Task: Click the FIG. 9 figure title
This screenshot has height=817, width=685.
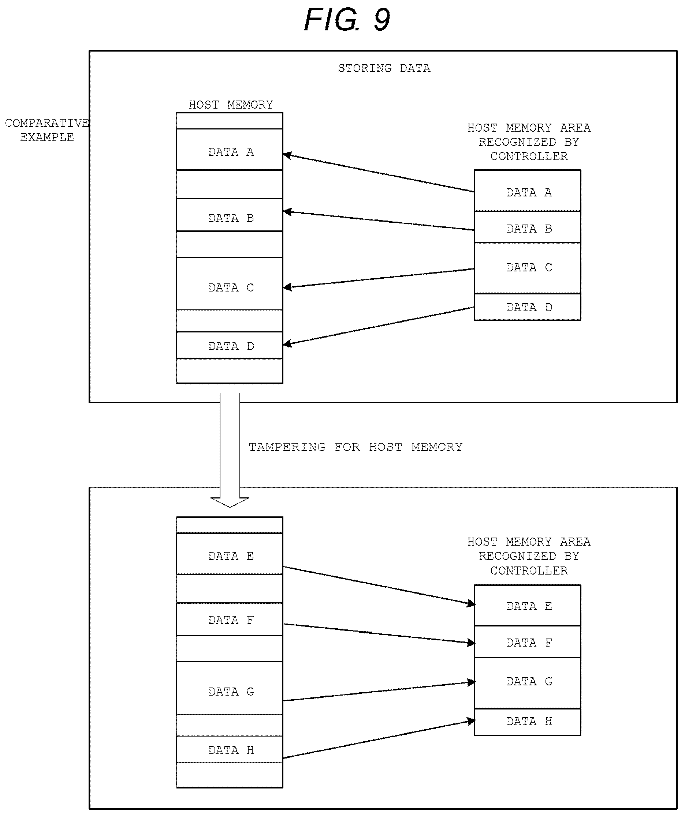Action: tap(347, 19)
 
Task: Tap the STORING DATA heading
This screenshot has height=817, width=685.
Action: tap(384, 68)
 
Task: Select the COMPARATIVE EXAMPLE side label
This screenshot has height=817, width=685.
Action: tap(47, 130)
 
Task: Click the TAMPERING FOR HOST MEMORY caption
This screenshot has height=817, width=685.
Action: tap(355, 447)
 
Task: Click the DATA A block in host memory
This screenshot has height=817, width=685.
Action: tap(230, 150)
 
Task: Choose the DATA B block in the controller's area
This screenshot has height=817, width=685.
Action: tap(528, 227)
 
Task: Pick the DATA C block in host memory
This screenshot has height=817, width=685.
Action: tap(230, 284)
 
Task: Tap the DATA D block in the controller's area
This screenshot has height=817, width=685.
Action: tap(528, 307)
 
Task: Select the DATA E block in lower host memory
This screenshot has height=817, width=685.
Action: tap(230, 554)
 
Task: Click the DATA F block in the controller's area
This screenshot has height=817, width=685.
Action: tap(528, 641)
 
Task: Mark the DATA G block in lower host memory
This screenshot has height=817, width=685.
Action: tap(230, 688)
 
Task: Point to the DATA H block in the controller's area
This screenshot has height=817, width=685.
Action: tap(528, 722)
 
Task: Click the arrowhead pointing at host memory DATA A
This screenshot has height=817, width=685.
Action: tap(287, 155)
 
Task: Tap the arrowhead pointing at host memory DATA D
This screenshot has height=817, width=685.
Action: tap(287, 343)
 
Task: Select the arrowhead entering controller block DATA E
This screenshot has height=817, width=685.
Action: tap(471, 603)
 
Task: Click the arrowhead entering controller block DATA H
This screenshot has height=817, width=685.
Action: tap(471, 721)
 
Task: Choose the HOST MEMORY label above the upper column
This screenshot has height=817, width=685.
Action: tap(231, 105)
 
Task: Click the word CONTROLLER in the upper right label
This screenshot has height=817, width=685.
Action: tap(529, 157)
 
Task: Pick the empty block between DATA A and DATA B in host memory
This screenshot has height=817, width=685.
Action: tap(230, 184)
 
